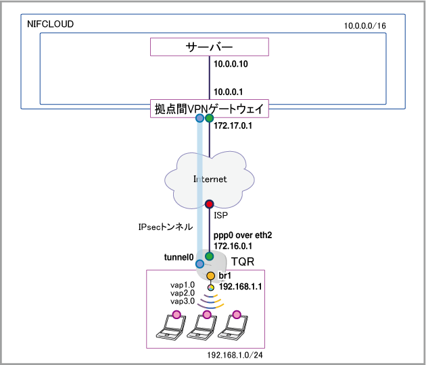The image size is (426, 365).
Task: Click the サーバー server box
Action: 210,47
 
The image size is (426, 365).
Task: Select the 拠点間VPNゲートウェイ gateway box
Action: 210,109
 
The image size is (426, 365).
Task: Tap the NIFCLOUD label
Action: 50,24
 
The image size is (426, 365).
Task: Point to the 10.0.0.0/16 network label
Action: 365,26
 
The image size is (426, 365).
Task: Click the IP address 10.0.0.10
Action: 231,64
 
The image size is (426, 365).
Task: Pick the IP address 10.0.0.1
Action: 229,92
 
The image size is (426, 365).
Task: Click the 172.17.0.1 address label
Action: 233,125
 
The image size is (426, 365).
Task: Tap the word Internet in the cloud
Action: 210,179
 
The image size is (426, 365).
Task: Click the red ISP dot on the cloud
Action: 209,204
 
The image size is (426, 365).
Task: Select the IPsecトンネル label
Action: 166,227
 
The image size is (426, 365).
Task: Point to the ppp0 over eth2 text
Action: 243,235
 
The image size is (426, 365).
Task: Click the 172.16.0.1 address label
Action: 233,246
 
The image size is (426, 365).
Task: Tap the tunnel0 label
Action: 179,257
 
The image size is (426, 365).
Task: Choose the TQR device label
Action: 243,262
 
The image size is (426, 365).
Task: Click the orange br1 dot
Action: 210,276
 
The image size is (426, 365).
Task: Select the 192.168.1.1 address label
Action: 241,287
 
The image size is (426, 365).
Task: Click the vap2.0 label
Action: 183,293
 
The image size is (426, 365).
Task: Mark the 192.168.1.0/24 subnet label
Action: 235,356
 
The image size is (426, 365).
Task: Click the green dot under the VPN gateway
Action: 209,118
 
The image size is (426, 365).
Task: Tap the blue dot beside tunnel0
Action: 199,264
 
